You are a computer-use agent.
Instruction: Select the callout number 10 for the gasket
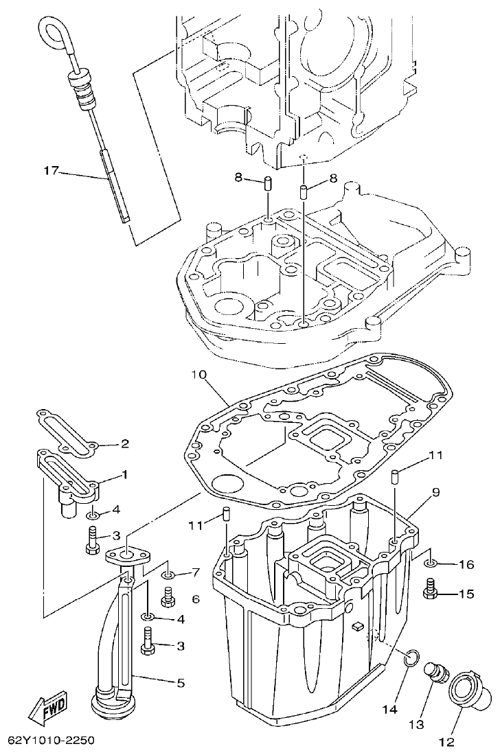coord(198,375)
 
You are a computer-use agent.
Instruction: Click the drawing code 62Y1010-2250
coord(51,741)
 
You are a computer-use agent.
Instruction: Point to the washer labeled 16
coord(430,564)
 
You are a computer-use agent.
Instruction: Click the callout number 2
coord(125,443)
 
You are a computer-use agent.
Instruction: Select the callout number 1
coord(125,474)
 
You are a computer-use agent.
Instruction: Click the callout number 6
coord(196,599)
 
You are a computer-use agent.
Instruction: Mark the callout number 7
coord(196,572)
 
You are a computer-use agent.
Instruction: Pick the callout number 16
coord(466,565)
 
